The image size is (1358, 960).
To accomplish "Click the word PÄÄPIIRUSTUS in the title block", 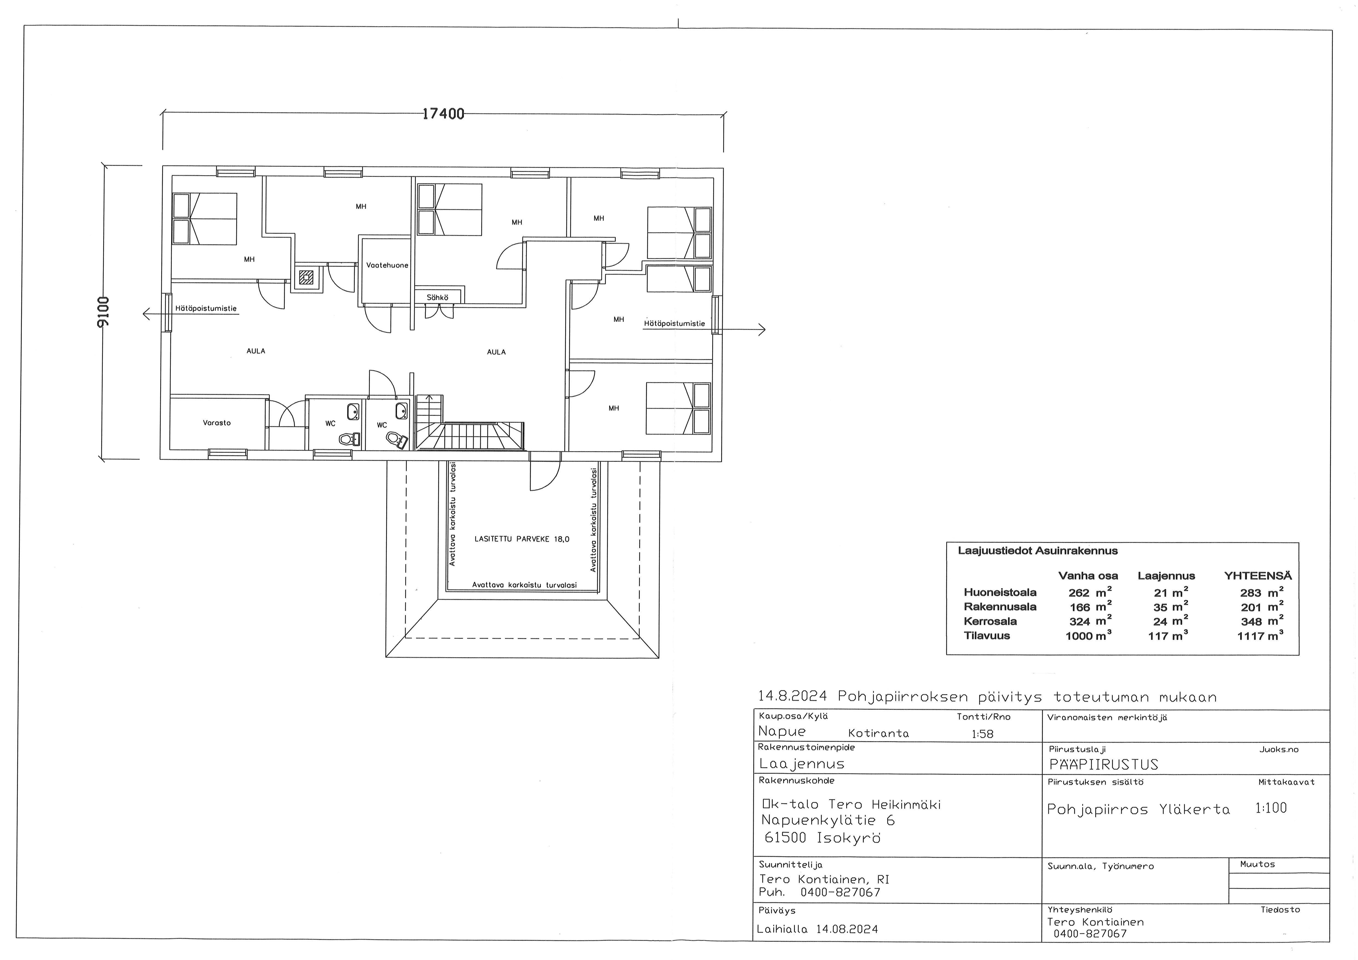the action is (1104, 764).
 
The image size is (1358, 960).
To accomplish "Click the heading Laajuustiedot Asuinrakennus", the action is (1037, 551).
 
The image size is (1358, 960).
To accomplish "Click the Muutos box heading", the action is (1258, 864).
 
